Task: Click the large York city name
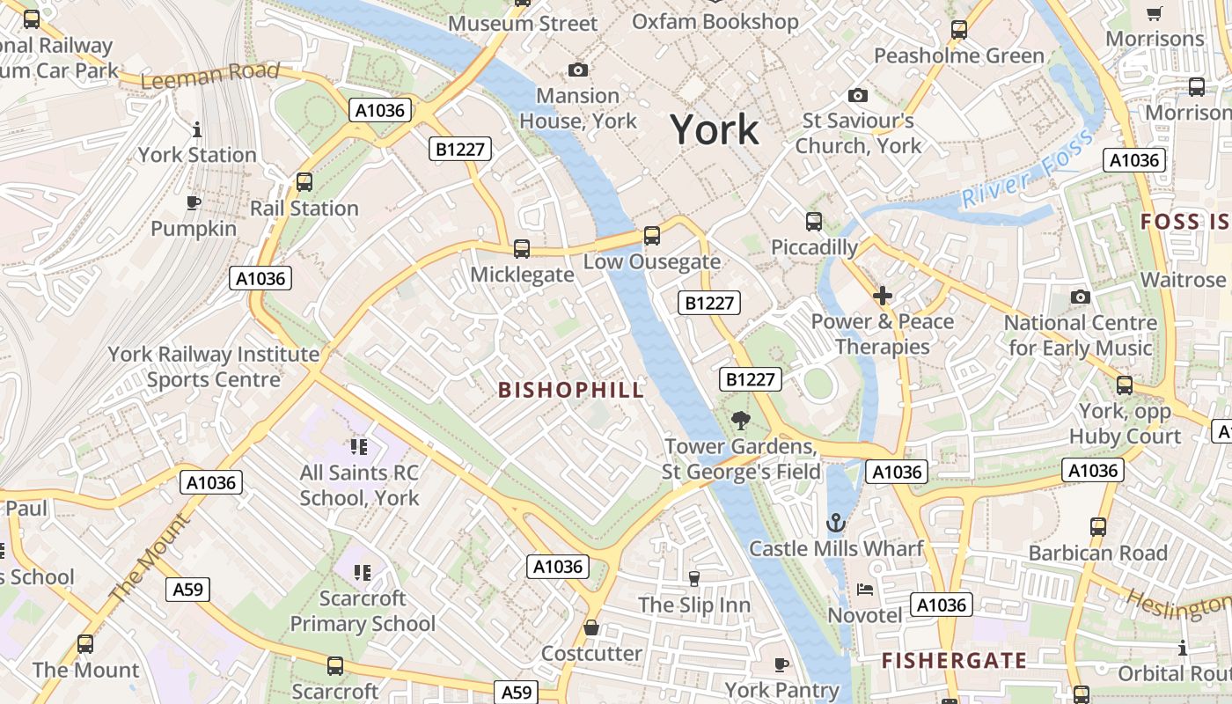coord(715,130)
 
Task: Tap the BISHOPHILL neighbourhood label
coord(571,390)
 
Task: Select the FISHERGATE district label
coord(954,661)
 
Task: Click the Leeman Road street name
coord(209,76)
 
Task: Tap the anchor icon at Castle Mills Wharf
coord(835,524)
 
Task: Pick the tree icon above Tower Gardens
coord(741,422)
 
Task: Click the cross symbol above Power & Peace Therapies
coord(882,297)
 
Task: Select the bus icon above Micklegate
coord(522,249)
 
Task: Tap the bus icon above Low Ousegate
coord(651,236)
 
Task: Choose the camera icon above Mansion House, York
coord(578,70)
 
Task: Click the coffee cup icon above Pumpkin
coord(194,203)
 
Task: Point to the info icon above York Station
coord(196,129)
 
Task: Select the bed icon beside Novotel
coord(864,589)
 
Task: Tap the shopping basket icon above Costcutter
coord(591,627)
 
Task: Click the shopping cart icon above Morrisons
coord(1155,13)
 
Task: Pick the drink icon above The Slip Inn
coord(693,578)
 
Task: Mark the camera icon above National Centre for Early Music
coord(1081,297)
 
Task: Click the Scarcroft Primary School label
coord(363,611)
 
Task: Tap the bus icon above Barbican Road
coord(1098,527)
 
